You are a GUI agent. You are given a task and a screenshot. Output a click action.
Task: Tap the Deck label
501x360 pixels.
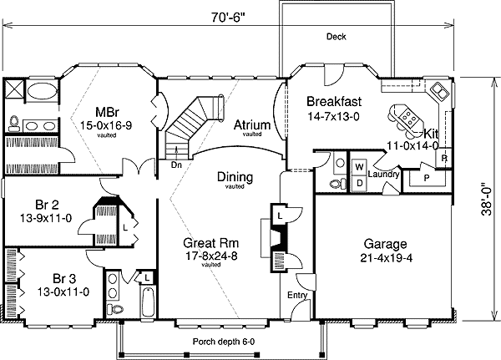337,37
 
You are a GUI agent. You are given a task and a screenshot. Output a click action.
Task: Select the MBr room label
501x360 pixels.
107,112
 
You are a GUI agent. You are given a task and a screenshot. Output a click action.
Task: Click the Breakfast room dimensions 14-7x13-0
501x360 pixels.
333,116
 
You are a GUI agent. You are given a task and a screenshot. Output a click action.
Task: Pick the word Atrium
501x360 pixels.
252,124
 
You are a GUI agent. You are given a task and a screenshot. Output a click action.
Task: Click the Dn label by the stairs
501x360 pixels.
176,165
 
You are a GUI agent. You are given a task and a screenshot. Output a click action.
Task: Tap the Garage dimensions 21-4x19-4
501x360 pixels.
387,258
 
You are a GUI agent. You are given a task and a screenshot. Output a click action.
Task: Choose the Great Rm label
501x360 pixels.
211,243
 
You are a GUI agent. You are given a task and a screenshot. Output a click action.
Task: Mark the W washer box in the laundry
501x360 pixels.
359,167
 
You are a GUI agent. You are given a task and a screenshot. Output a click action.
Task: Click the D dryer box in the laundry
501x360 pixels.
359,183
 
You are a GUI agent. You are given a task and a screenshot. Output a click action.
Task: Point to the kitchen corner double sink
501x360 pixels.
439,91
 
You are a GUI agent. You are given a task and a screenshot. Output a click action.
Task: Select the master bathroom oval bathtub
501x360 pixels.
42,91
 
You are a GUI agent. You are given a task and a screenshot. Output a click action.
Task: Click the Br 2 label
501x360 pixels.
47,205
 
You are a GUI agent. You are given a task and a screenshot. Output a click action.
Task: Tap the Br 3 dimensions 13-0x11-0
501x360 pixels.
63,292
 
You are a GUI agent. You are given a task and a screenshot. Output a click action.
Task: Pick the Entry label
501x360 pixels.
297,295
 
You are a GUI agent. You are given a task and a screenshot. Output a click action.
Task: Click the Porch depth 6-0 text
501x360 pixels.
224,342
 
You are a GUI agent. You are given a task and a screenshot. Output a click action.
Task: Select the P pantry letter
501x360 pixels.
426,178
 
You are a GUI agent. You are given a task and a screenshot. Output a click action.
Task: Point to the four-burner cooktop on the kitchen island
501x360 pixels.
408,116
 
